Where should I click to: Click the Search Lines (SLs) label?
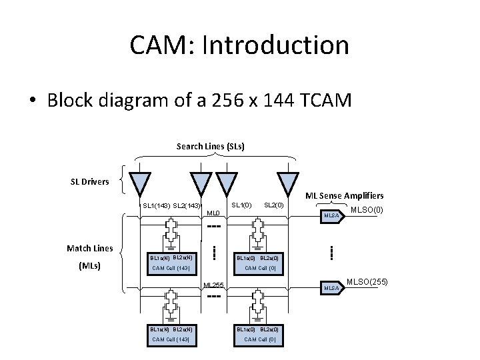pos(210,145)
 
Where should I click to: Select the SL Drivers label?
pos(90,181)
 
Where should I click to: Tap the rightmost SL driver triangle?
pos(288,183)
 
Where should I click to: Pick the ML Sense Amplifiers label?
pos(344,195)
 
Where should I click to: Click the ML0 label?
pos(213,214)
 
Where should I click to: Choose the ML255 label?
pos(214,285)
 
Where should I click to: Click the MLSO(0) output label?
pos(367,211)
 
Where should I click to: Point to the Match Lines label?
pos(90,249)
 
